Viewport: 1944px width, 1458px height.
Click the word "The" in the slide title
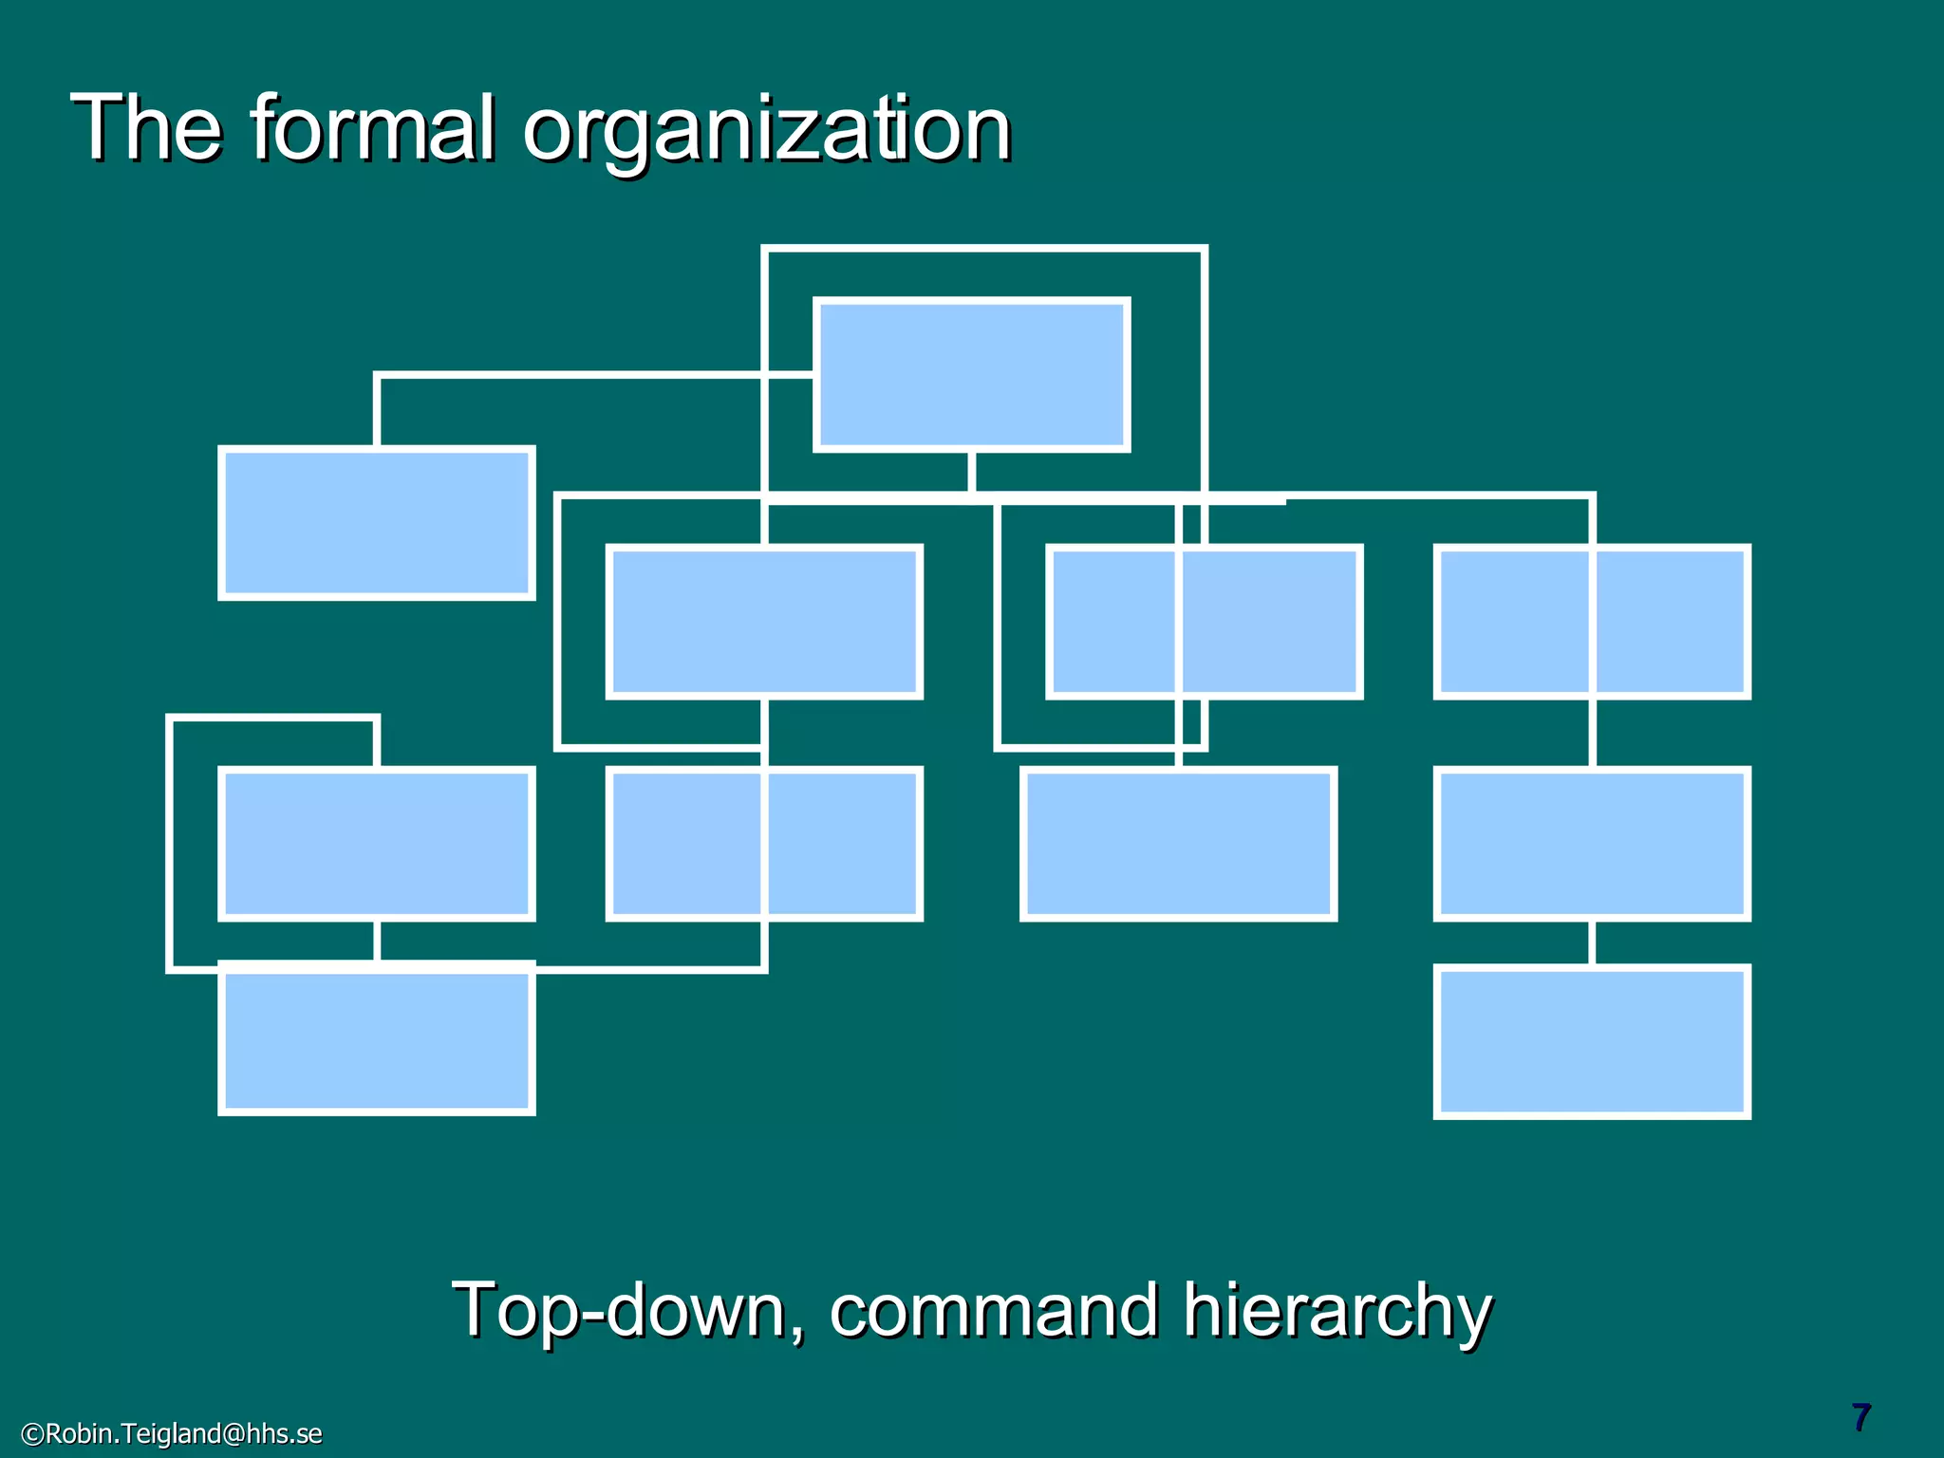[x=146, y=128]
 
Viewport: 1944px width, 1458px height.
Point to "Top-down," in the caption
[x=627, y=1311]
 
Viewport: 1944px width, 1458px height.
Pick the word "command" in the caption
[x=994, y=1311]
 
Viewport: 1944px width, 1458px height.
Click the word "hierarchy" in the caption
[x=1336, y=1313]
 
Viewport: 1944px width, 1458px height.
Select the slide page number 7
[x=1860, y=1418]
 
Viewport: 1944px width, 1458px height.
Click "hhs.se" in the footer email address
[x=284, y=1433]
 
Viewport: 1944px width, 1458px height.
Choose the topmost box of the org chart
[x=972, y=374]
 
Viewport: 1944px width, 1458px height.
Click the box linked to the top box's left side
[x=377, y=523]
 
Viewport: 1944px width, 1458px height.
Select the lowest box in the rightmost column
[x=1592, y=1041]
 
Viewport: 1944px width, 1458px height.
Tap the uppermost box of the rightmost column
[x=1592, y=622]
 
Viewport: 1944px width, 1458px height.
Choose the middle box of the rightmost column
[x=1592, y=844]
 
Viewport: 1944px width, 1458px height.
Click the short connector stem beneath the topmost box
[x=972, y=472]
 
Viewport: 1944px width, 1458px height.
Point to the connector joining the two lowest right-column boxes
[x=1592, y=943]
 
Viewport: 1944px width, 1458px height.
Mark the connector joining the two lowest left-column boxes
[x=377, y=941]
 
